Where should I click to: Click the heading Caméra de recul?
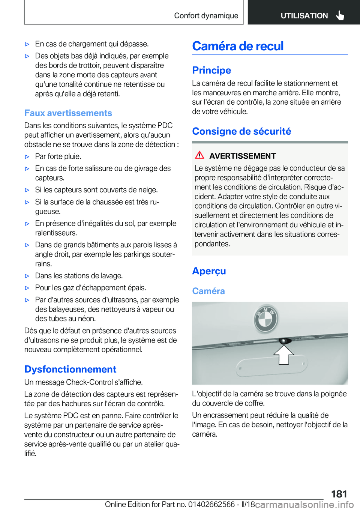pyautogui.click(x=238, y=46)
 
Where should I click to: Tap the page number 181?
pyautogui.click(x=339, y=494)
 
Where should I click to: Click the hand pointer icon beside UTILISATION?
pyautogui.click(x=340, y=15)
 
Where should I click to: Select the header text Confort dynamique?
pyautogui.click(x=206, y=16)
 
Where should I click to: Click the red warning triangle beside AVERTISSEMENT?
pyautogui.click(x=199, y=155)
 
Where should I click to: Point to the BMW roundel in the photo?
pyautogui.click(x=266, y=319)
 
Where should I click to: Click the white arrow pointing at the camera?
pyautogui.click(x=284, y=354)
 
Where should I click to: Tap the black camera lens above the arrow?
pyautogui.click(x=285, y=341)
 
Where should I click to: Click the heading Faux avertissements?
pyautogui.click(x=68, y=113)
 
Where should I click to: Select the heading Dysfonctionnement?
pyautogui.click(x=70, y=369)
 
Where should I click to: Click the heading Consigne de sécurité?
pyautogui.click(x=241, y=131)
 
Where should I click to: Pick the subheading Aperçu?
pyautogui.click(x=209, y=271)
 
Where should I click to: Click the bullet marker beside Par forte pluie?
pyautogui.click(x=27, y=157)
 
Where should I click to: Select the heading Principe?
pyautogui.click(x=211, y=70)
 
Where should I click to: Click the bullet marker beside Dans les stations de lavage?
pyautogui.click(x=27, y=276)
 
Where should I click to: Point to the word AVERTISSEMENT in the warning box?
pyautogui.click(x=243, y=156)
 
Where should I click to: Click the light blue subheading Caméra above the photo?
pyautogui.click(x=208, y=291)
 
